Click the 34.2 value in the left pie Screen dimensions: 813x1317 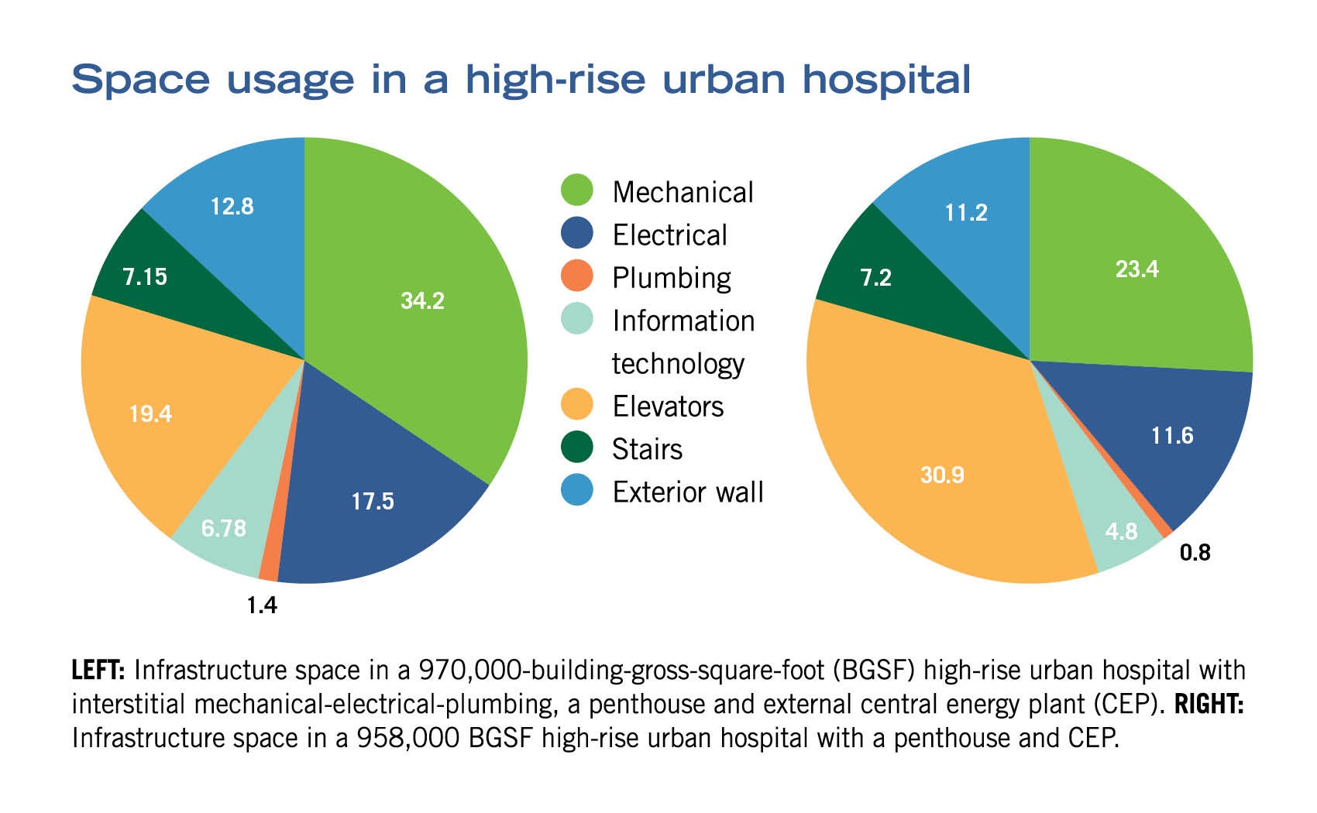point(422,300)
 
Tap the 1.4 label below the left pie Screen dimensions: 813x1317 point(262,605)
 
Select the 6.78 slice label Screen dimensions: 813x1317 point(223,528)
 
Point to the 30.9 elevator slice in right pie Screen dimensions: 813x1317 point(942,474)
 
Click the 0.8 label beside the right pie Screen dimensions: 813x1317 point(1195,553)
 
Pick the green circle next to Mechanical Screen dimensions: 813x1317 point(576,190)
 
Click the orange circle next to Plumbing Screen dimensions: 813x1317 point(576,276)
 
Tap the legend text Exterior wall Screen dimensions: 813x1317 point(687,492)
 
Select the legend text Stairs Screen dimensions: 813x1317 point(647,449)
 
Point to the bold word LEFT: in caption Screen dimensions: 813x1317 point(98,670)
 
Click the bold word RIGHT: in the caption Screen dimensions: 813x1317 point(1209,705)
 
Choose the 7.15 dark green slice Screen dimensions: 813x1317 point(145,276)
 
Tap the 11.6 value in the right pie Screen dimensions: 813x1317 point(1171,436)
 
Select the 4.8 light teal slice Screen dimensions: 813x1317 point(1121,531)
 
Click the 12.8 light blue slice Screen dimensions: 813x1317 point(232,206)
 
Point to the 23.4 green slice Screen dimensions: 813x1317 point(1136,269)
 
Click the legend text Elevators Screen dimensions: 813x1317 point(667,406)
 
